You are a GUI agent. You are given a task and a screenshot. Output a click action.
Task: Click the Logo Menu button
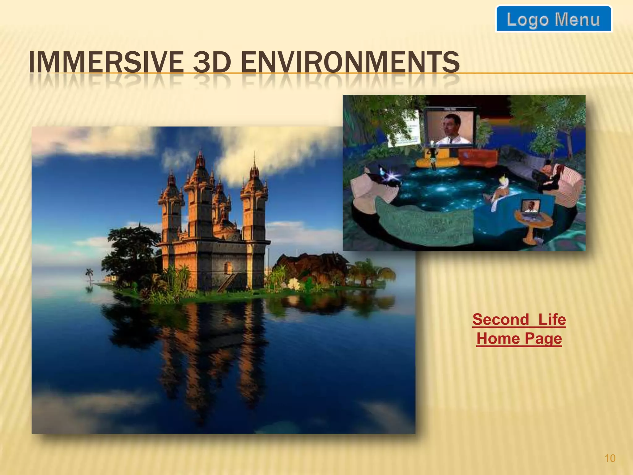(553, 19)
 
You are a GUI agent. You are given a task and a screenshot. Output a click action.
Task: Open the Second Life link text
(519, 319)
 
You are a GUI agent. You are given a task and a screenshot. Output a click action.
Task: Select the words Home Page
(519, 338)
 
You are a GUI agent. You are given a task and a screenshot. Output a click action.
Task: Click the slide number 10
(610, 458)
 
